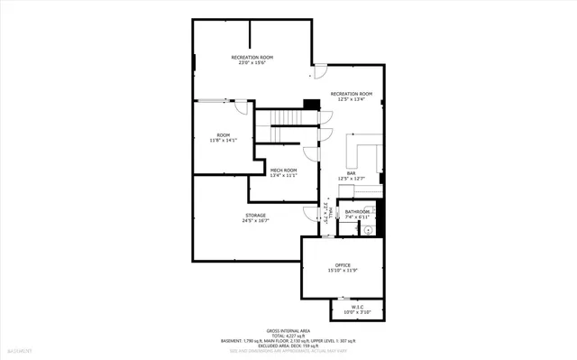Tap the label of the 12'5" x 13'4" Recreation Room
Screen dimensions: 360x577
(351, 97)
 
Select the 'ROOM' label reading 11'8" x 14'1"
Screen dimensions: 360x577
(223, 137)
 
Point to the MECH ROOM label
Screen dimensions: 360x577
(283, 173)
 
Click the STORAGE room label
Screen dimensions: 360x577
(255, 217)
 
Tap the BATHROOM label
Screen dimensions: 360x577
(357, 214)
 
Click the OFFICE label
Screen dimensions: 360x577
(343, 267)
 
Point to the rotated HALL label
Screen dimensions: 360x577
(325, 213)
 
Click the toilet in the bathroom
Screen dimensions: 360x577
(367, 230)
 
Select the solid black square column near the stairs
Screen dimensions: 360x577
(311, 105)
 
